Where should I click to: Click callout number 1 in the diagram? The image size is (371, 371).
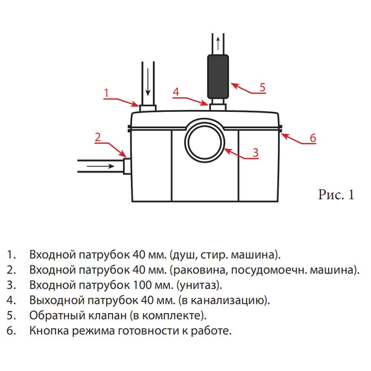click(106, 93)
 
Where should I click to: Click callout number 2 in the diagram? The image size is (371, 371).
click(97, 137)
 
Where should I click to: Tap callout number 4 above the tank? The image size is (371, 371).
click(176, 93)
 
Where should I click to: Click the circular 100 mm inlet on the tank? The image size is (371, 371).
click(204, 140)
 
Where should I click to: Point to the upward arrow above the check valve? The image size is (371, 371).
click(217, 42)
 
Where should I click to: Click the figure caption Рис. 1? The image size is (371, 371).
click(336, 195)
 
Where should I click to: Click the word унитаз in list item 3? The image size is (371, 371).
click(203, 285)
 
